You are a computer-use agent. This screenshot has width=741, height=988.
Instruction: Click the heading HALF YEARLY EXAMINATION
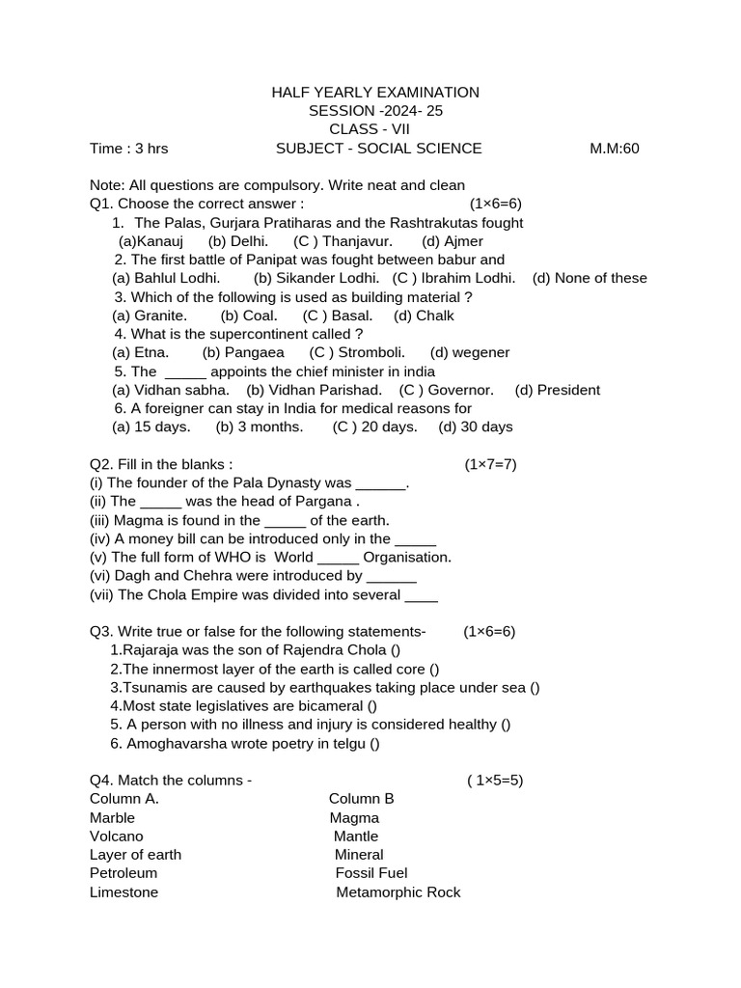pos(374,93)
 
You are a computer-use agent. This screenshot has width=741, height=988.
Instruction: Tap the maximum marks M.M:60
pos(615,149)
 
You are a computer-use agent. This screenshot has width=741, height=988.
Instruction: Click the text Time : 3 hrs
pos(128,149)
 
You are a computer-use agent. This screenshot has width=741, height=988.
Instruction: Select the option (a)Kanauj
pos(149,241)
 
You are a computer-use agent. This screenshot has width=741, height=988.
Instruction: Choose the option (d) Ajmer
pos(453,241)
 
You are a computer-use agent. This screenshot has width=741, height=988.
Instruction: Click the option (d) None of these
pos(590,278)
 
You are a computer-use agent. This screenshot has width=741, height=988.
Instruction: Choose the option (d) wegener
pos(470,352)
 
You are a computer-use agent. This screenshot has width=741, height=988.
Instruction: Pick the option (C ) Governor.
pos(447,390)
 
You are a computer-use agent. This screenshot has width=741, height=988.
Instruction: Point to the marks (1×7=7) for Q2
pos(490,464)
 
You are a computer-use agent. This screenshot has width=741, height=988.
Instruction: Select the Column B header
pos(362,799)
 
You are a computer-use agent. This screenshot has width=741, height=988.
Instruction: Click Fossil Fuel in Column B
pos(371,873)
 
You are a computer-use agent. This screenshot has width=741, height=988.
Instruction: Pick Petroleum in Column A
pos(123,873)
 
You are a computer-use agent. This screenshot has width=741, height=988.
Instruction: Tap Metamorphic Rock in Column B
pos(398,892)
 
